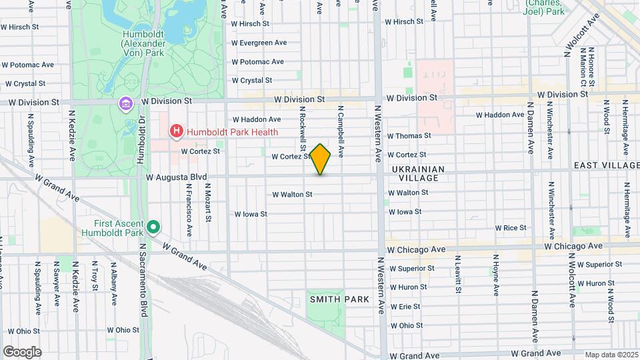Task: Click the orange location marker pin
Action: pyautogui.click(x=321, y=159)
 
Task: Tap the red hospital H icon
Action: pyautogui.click(x=176, y=131)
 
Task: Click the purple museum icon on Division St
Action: pyautogui.click(x=125, y=104)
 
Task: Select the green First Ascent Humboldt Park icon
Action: pyautogui.click(x=153, y=228)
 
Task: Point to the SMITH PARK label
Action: pyautogui.click(x=339, y=300)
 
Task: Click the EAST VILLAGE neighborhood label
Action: pyautogui.click(x=606, y=165)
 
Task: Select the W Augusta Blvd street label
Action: pyautogui.click(x=177, y=177)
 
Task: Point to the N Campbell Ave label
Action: pyautogui.click(x=340, y=131)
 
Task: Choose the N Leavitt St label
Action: pyautogui.click(x=458, y=273)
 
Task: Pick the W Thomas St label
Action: pyautogui.click(x=409, y=135)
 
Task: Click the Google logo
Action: pyautogui.click(x=22, y=351)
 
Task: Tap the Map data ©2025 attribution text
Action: pyautogui.click(x=611, y=355)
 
